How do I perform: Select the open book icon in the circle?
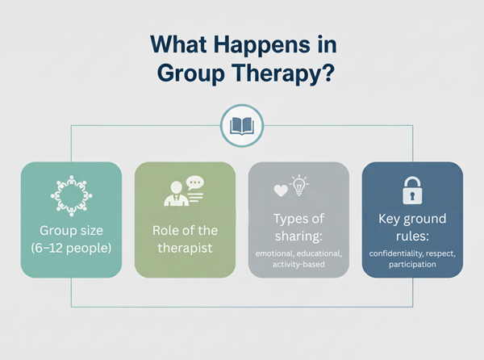point(242,126)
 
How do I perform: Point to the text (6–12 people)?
point(72,248)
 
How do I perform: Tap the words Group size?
point(72,229)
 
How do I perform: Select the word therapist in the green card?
point(186,248)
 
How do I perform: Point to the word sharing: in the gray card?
point(298,237)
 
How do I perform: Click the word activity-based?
point(298,264)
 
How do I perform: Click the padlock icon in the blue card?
point(412,190)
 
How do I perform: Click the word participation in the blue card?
point(412,264)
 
